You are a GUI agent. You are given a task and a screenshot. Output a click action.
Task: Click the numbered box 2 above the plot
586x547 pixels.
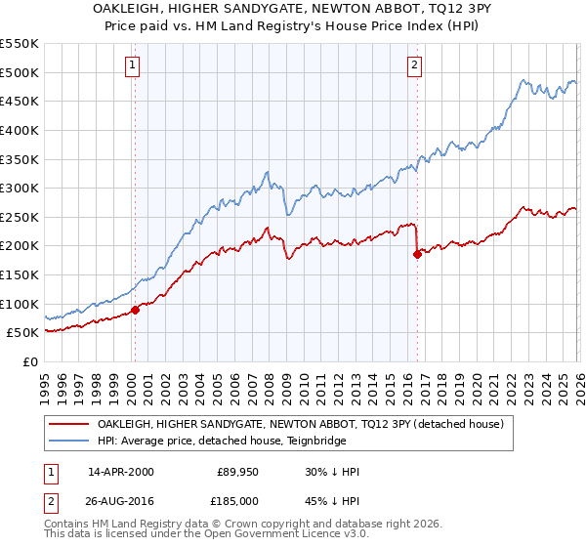(x=415, y=65)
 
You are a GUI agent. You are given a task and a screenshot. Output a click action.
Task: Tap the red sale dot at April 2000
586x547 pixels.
(x=135, y=310)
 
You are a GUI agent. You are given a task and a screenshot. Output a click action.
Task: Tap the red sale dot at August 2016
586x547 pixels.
(x=417, y=254)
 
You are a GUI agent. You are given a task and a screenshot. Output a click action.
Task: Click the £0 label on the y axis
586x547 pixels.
(x=28, y=361)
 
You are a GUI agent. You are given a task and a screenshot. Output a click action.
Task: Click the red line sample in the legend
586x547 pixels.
(x=70, y=424)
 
